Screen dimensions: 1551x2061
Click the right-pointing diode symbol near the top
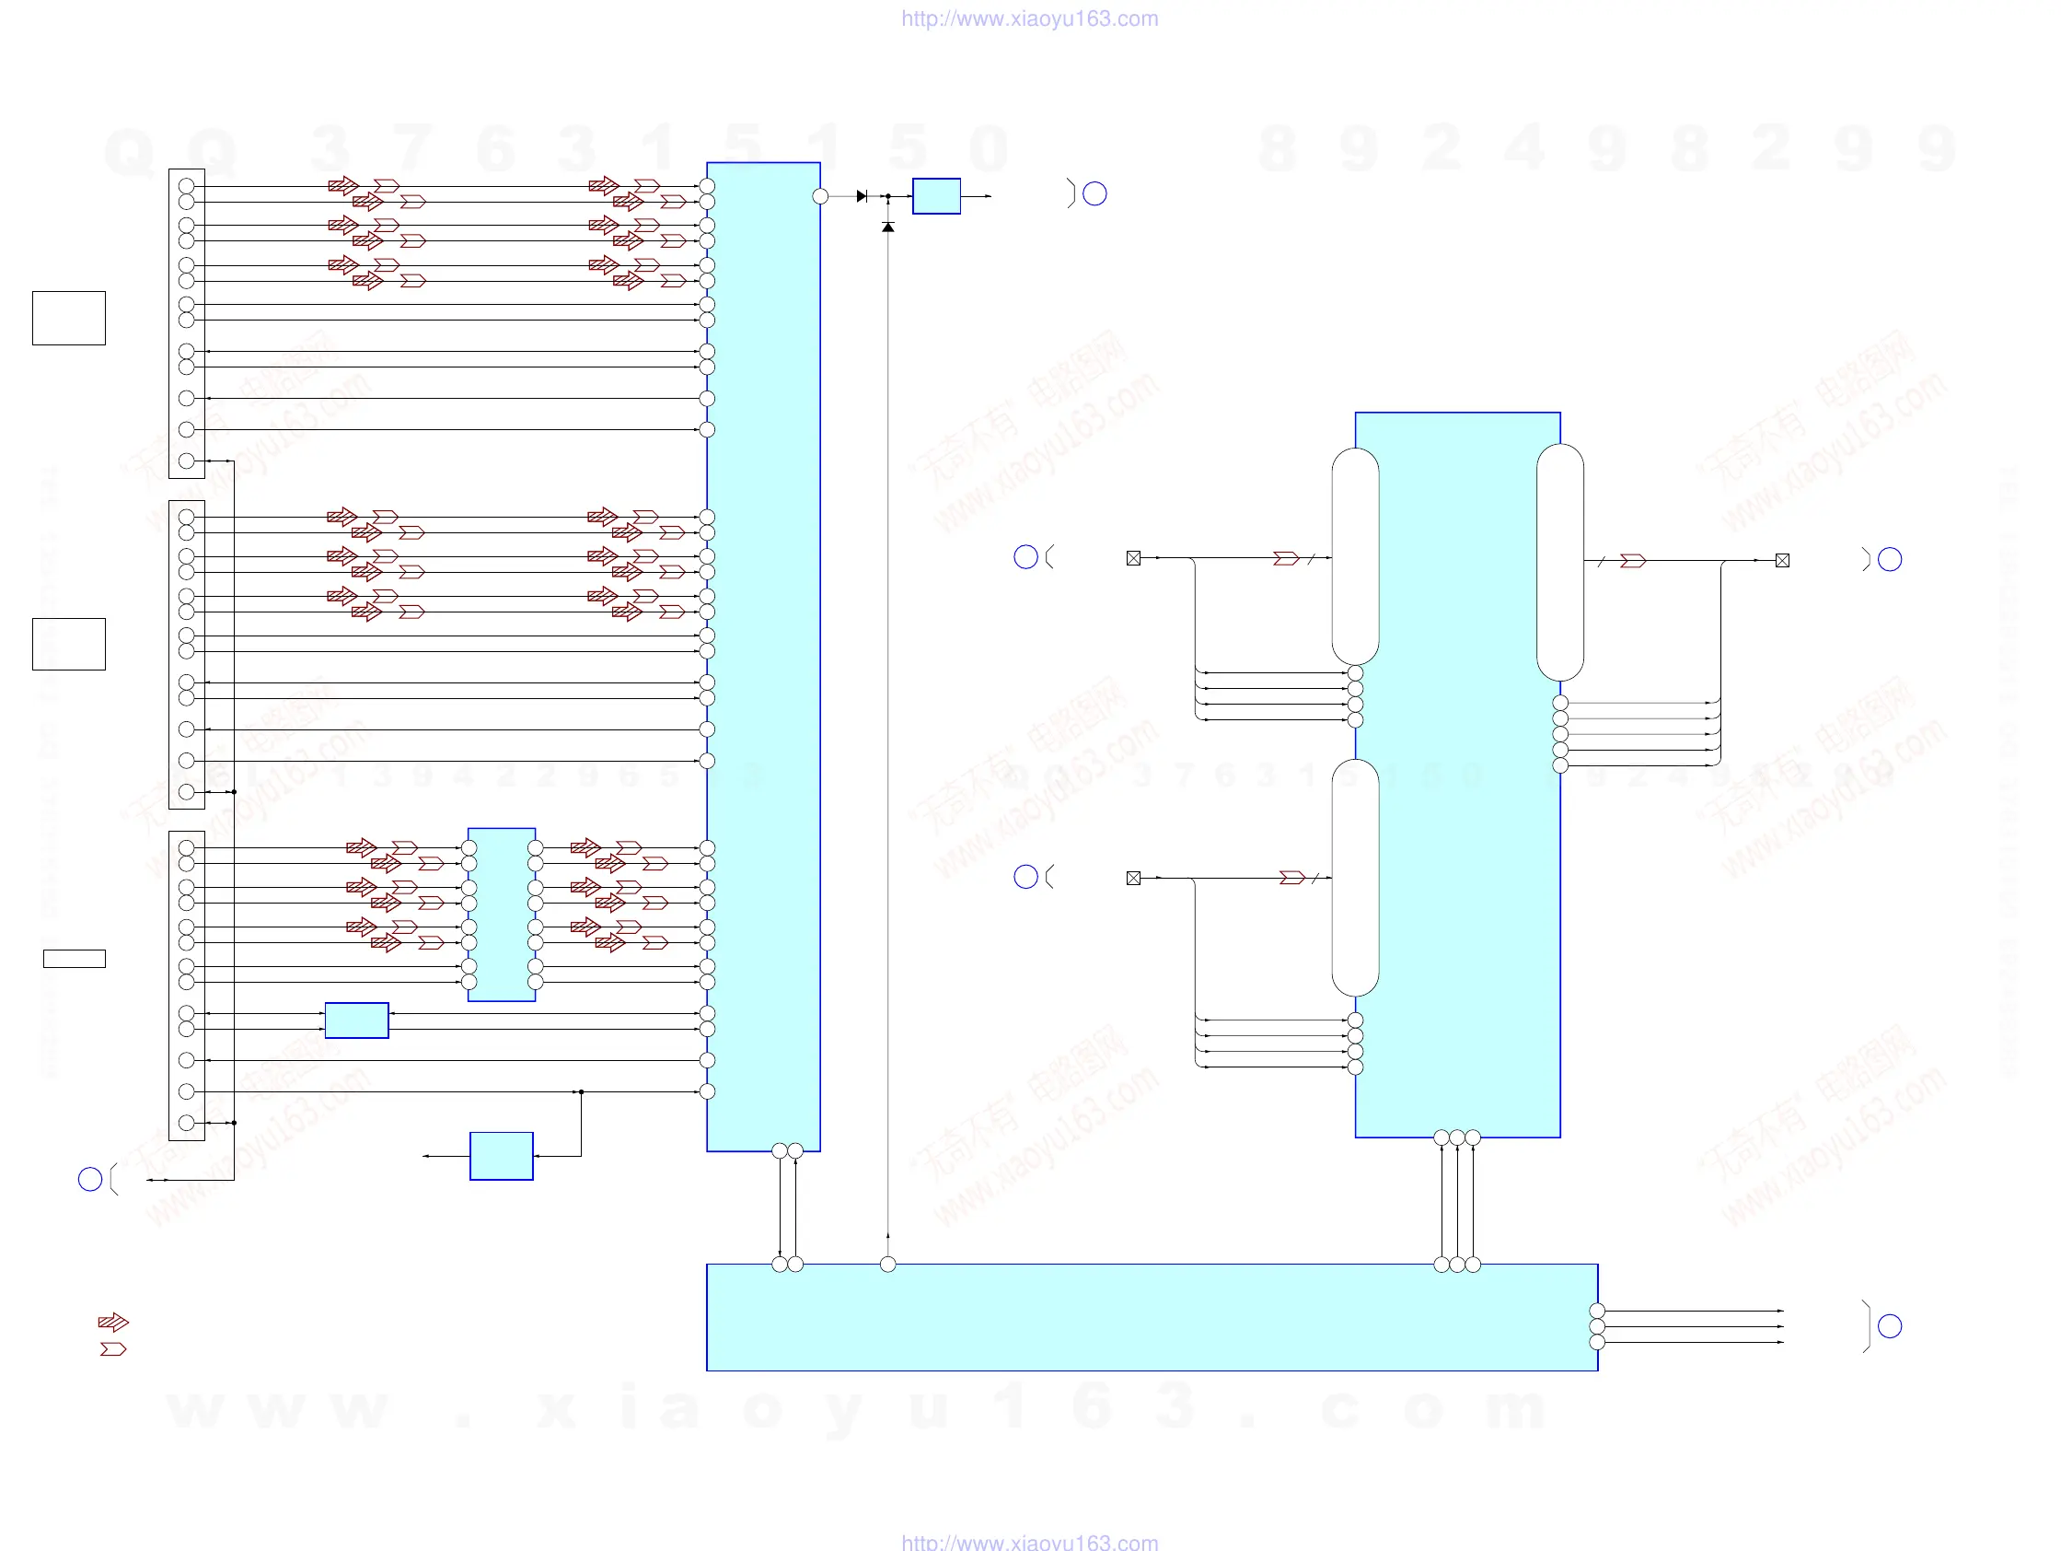point(862,197)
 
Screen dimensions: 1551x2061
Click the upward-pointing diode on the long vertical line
point(888,227)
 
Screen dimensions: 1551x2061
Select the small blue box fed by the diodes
point(936,197)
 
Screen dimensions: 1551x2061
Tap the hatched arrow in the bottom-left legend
point(112,1322)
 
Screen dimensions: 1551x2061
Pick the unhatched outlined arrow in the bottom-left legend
point(112,1348)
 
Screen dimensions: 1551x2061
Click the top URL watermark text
point(1029,18)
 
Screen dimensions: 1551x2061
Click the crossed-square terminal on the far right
point(1782,560)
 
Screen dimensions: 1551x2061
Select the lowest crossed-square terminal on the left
point(1133,878)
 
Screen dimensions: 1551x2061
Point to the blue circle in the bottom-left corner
point(90,1179)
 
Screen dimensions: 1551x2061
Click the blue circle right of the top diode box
point(1094,193)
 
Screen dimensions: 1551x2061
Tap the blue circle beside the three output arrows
point(1890,1325)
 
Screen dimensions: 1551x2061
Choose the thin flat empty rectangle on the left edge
point(75,958)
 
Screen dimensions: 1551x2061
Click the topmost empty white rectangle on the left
point(69,318)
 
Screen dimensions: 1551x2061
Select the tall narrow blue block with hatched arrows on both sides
point(502,915)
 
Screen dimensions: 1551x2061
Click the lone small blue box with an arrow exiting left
point(502,1156)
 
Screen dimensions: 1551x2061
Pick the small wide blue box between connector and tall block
point(357,1020)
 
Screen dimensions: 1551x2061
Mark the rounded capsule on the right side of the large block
point(1559,562)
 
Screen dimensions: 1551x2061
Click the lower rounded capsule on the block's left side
point(1355,878)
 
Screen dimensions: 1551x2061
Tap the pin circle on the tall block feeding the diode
point(820,197)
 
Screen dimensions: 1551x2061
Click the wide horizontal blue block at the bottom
point(1152,1317)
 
